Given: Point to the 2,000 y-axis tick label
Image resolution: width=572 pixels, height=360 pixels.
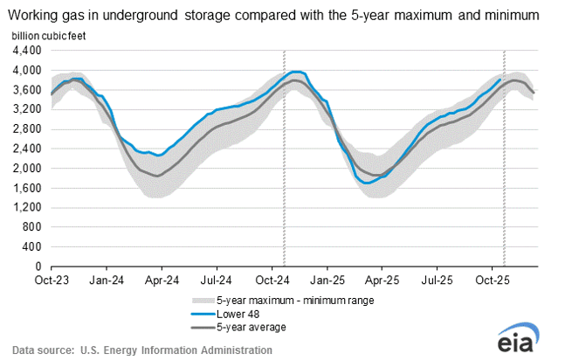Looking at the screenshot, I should click(28, 168).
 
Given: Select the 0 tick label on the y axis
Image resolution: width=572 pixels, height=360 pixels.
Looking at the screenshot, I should click(40, 267).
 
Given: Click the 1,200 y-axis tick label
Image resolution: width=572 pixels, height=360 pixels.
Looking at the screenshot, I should click(28, 207).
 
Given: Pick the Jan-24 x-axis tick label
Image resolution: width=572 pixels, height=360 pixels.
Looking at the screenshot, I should click(107, 280).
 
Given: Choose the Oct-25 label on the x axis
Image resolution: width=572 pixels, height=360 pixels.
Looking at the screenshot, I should click(493, 280).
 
